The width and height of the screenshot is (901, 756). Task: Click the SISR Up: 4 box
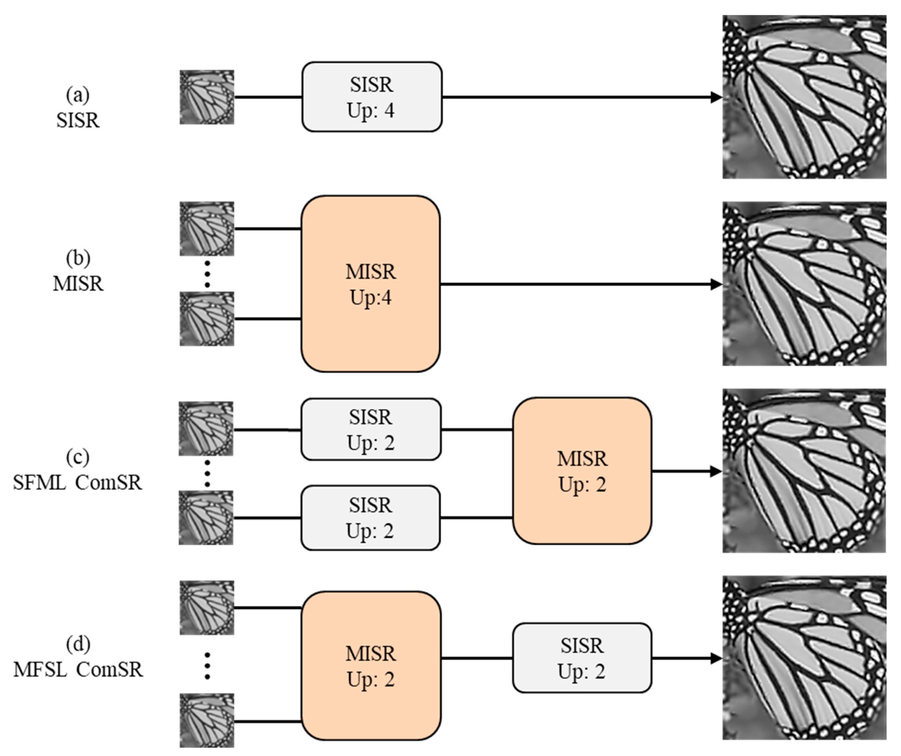point(371,97)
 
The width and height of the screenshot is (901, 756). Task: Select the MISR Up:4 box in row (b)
point(371,284)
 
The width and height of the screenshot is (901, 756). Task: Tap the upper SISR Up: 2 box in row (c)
point(371,429)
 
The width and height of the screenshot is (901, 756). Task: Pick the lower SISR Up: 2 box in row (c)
point(370,518)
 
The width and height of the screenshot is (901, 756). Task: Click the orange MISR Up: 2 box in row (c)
point(582,471)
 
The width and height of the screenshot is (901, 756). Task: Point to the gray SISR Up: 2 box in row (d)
point(582,658)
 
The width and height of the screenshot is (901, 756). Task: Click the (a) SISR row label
point(78,107)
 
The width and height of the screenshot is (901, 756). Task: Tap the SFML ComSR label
point(78,482)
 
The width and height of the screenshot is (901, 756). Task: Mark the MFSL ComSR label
point(78,669)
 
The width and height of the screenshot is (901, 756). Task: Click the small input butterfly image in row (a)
point(207,97)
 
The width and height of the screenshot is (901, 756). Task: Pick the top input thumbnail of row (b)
point(207,229)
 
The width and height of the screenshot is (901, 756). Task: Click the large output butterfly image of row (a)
point(804,97)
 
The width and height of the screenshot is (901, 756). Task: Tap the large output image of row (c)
point(804,471)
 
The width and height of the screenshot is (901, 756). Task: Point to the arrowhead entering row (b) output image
point(716,284)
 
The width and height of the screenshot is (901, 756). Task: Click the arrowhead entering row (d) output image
point(716,658)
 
